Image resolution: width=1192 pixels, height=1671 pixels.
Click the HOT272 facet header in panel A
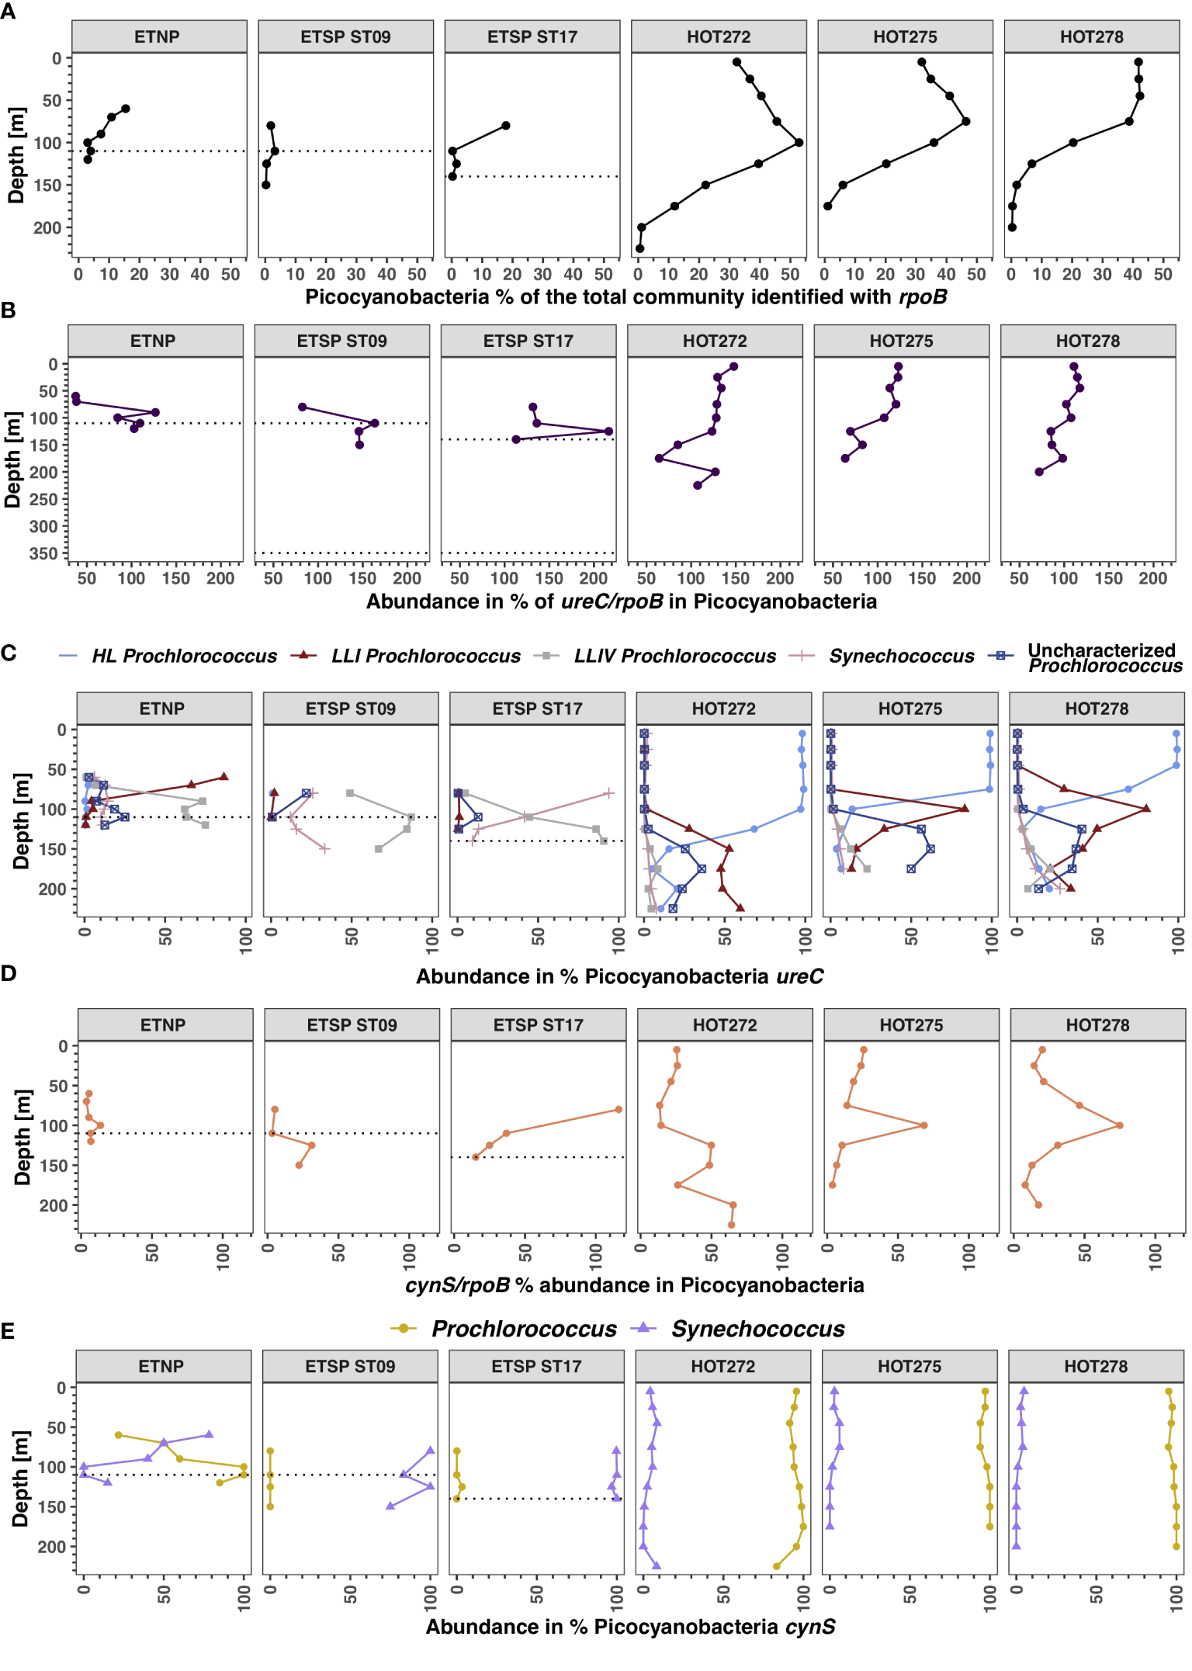[x=718, y=36]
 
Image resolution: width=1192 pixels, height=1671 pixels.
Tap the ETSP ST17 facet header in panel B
[x=528, y=341]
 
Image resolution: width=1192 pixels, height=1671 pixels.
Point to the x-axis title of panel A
[x=625, y=297]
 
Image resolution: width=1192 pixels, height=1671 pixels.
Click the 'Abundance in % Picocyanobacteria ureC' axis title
[x=619, y=976]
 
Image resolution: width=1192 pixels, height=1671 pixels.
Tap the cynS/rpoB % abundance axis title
[x=634, y=1285]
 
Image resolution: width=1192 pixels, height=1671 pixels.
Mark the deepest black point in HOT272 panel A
[x=639, y=248]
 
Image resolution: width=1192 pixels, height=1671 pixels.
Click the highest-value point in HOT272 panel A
[x=799, y=142]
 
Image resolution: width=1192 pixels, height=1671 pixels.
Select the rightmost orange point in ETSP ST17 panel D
[x=619, y=1109]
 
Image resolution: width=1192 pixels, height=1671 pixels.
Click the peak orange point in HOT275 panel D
[x=923, y=1125]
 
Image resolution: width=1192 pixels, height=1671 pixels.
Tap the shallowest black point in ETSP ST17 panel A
[x=505, y=125]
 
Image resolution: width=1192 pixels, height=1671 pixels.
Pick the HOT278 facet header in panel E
[x=1095, y=1366]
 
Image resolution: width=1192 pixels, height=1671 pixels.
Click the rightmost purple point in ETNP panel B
[x=155, y=412]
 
